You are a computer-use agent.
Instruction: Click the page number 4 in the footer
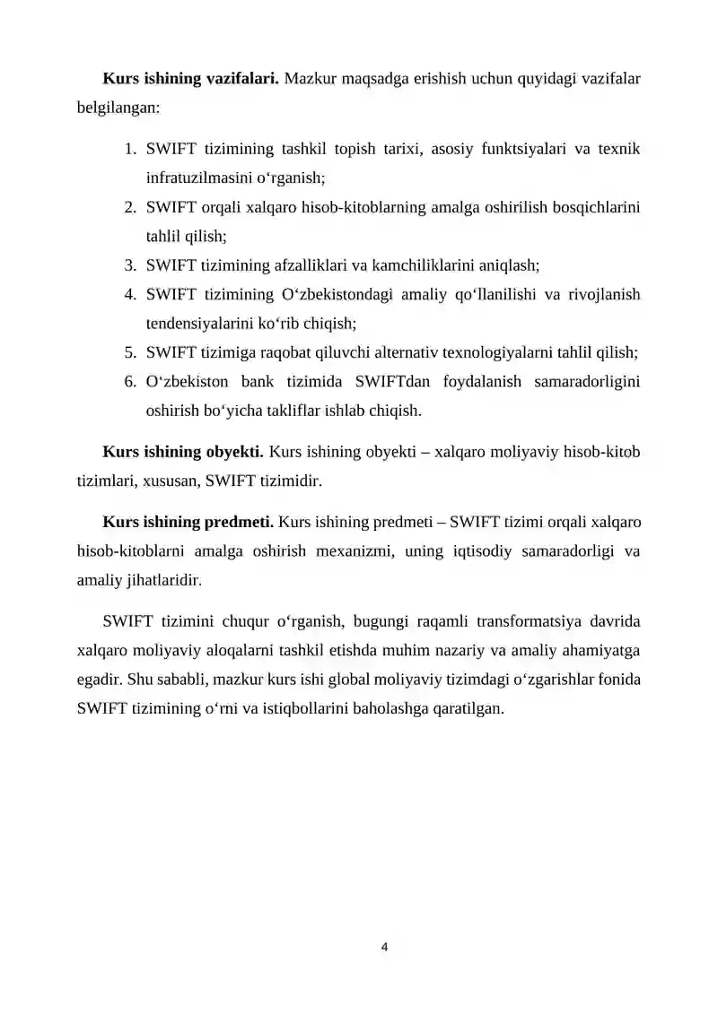[x=385, y=946]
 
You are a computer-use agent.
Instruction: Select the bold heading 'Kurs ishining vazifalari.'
[x=191, y=79]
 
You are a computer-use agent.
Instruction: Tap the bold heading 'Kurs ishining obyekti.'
[x=183, y=451]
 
